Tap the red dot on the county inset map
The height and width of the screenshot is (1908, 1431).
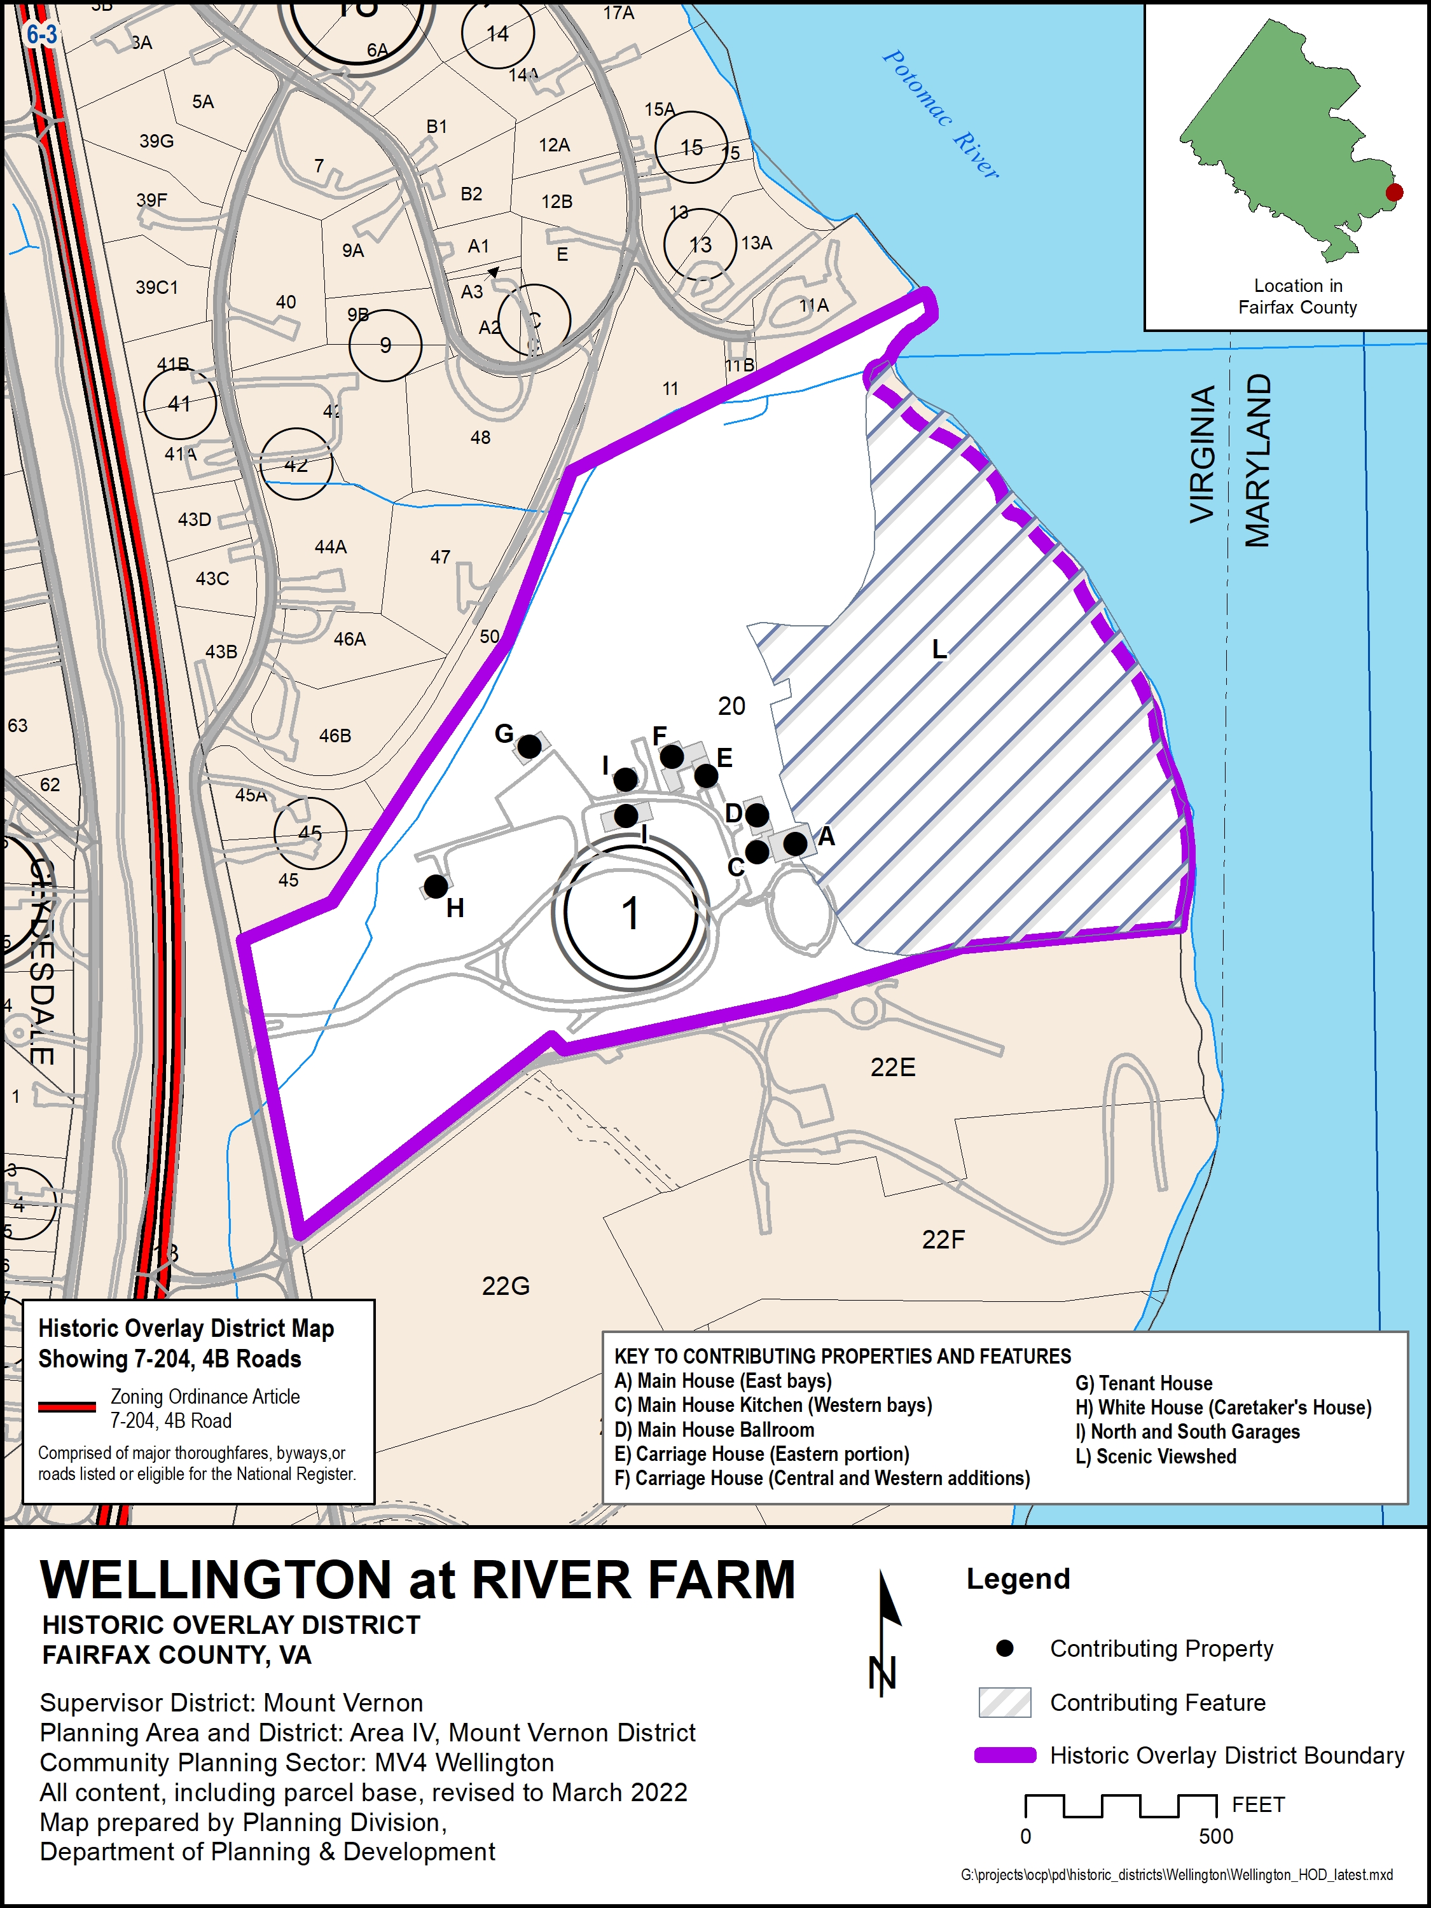1394,192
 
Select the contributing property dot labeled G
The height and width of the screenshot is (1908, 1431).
530,746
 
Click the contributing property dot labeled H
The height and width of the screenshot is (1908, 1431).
436,886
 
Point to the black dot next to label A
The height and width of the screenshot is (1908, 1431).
795,843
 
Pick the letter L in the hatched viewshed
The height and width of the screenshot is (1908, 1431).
939,649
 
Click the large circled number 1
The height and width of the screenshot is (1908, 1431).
630,913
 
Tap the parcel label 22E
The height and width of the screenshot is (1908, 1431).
893,1068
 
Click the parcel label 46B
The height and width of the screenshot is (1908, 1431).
336,736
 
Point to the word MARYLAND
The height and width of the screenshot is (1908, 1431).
1257,460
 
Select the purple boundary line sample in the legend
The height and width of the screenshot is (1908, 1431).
1005,1755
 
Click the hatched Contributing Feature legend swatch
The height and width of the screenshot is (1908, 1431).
1005,1703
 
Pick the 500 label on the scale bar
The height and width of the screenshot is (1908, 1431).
1215,1836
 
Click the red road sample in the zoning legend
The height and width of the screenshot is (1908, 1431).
67,1407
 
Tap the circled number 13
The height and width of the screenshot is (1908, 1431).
700,244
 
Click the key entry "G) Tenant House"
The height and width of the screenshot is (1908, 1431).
1143,1383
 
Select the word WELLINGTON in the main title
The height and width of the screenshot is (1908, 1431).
216,1580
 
